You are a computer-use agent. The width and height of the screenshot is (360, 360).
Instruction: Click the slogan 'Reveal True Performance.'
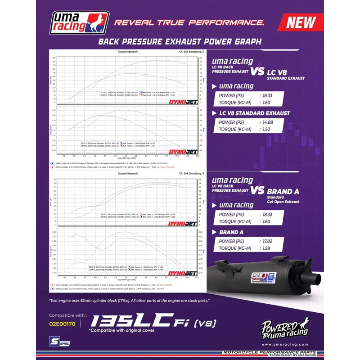[x=189, y=22]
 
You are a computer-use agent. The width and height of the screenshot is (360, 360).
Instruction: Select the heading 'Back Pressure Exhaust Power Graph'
[x=180, y=42]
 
